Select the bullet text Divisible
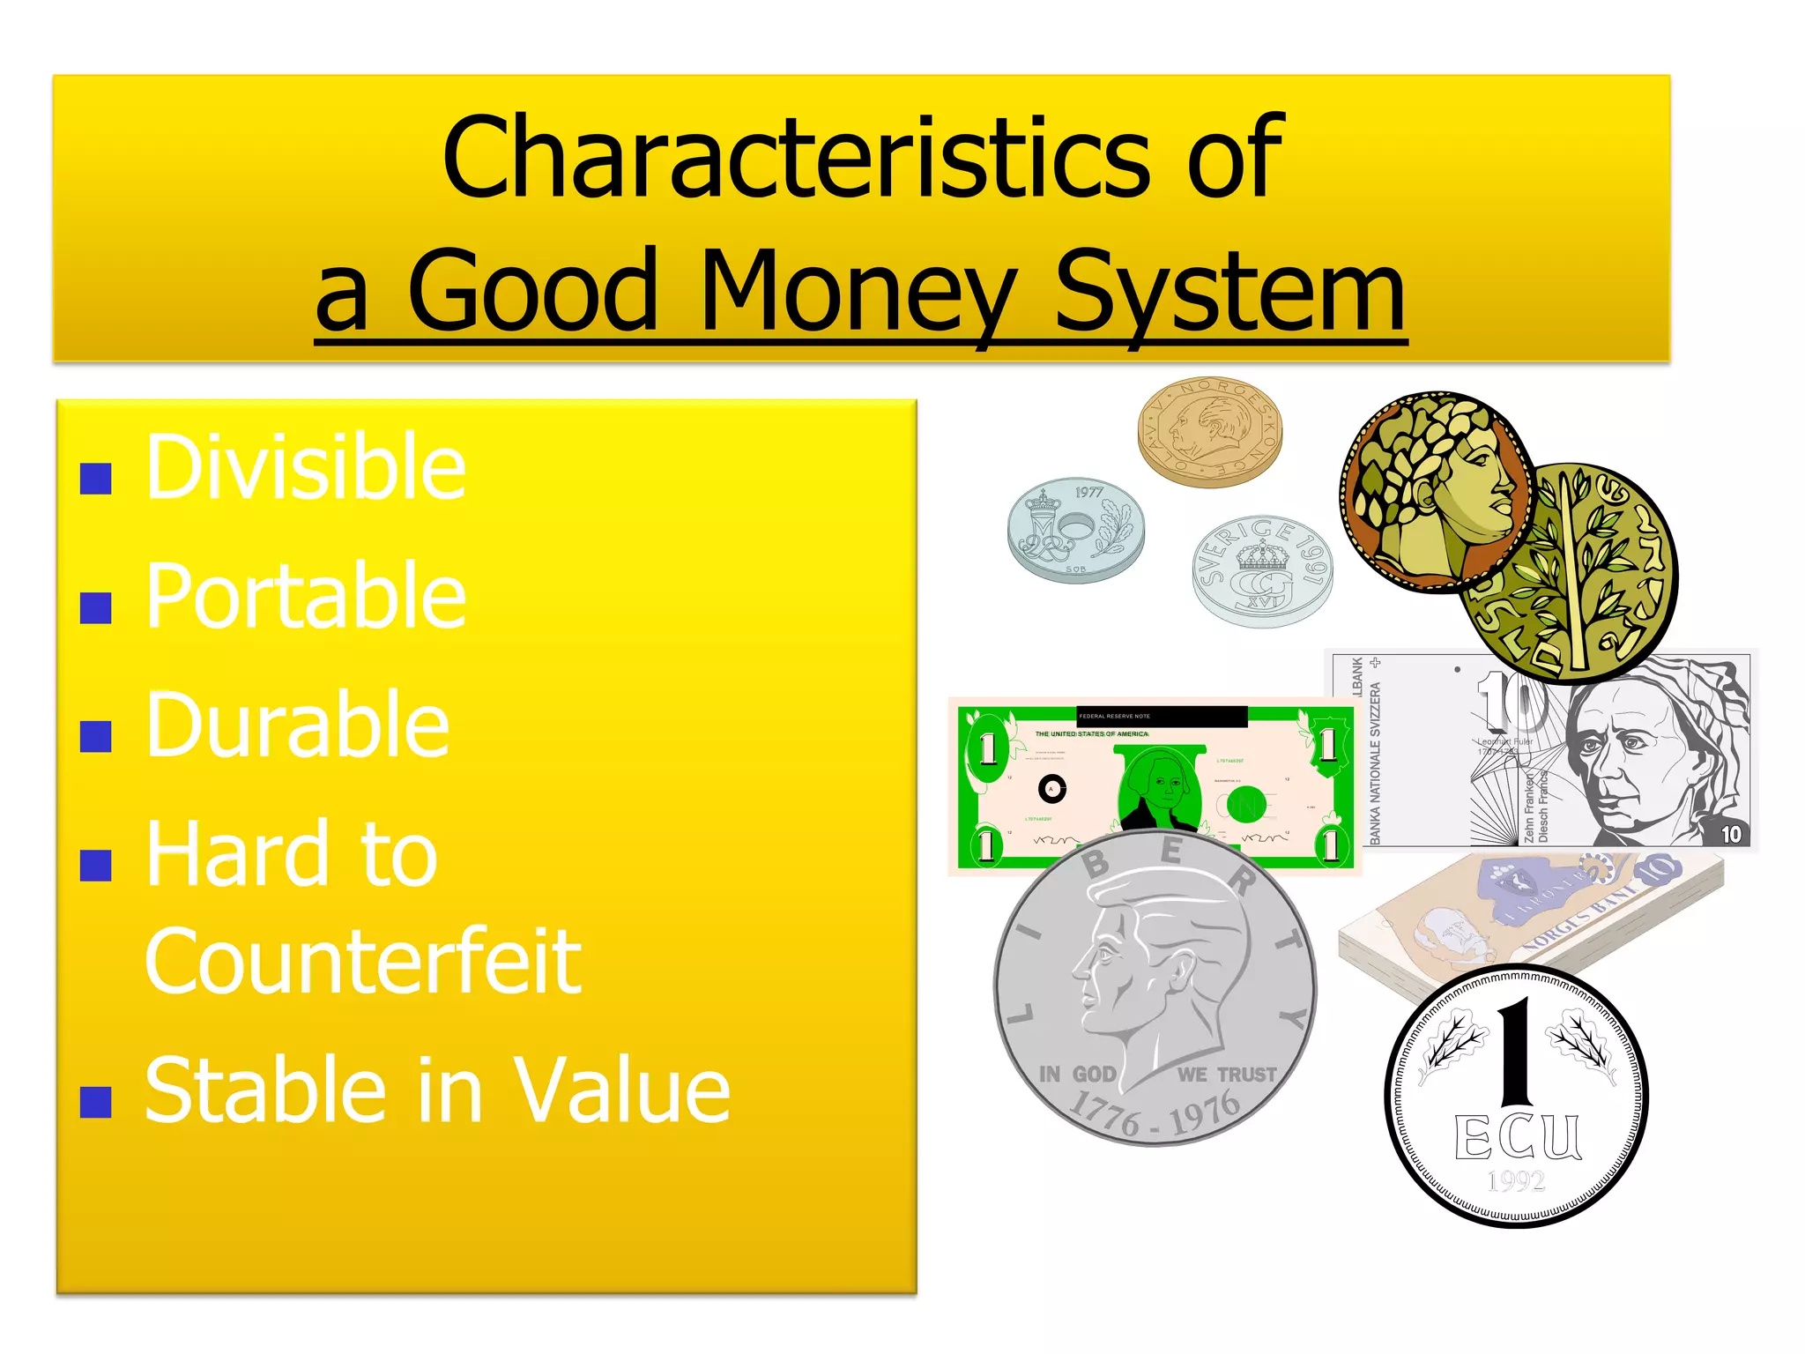pyautogui.click(x=305, y=467)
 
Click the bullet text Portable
pyautogui.click(x=305, y=597)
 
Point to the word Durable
pyautogui.click(x=297, y=725)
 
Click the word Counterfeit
pyautogui.click(x=362, y=963)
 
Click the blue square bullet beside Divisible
pyautogui.click(x=95, y=479)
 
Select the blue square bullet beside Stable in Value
pyautogui.click(x=95, y=1102)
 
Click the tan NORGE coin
pyautogui.click(x=1209, y=432)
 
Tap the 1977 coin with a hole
pyautogui.click(x=1075, y=531)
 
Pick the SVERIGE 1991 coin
pyautogui.click(x=1261, y=571)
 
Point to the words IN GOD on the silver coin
pyautogui.click(x=1077, y=1074)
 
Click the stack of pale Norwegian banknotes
pyautogui.click(x=1529, y=917)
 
